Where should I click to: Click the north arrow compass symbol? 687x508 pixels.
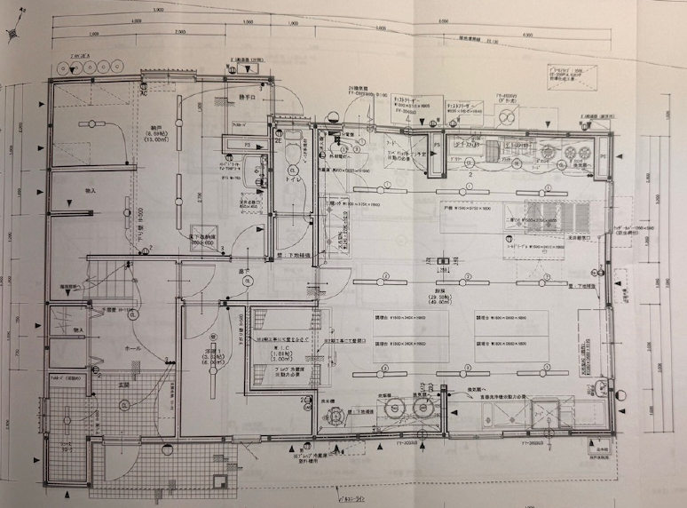pos(13,33)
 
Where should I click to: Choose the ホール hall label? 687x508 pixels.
pos(108,349)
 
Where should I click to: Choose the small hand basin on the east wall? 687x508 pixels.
pos(603,386)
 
